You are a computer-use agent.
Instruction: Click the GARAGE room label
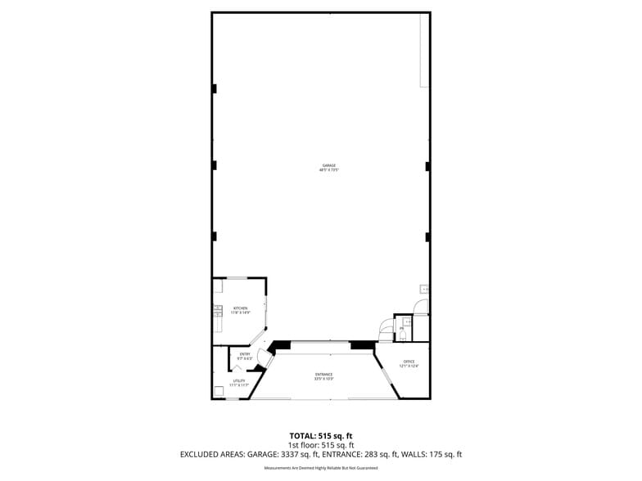pyautogui.click(x=328, y=165)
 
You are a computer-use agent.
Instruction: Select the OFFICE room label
pyautogui.click(x=409, y=362)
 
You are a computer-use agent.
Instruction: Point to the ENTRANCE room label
pyautogui.click(x=324, y=375)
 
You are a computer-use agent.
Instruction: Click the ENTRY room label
pyautogui.click(x=244, y=353)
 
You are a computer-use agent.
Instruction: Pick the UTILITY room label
pyautogui.click(x=239, y=380)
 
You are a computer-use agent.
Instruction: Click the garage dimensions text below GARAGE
pyautogui.click(x=328, y=170)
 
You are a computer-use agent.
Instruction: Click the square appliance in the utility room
pyautogui.click(x=219, y=391)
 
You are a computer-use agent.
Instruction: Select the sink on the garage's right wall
pyautogui.click(x=424, y=289)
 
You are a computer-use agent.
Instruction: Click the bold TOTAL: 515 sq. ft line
pyautogui.click(x=321, y=435)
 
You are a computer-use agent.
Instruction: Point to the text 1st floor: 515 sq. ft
pyautogui.click(x=321, y=444)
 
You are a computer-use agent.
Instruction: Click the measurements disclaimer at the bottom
pyautogui.click(x=321, y=468)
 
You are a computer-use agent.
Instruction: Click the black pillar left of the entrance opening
pyautogui.click(x=280, y=344)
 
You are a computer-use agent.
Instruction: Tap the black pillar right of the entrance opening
pyautogui.click(x=363, y=344)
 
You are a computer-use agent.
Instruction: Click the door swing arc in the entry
pyautogui.click(x=264, y=357)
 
